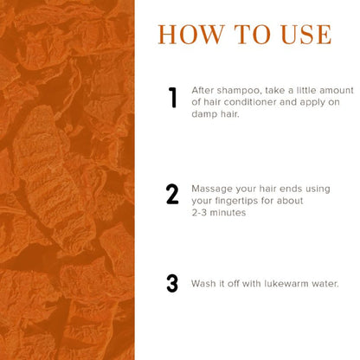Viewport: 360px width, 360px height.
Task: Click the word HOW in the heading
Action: tap(191, 35)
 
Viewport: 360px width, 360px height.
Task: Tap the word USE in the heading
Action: tap(306, 35)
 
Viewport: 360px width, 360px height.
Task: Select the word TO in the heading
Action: tap(253, 35)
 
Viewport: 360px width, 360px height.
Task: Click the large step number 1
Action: tap(172, 98)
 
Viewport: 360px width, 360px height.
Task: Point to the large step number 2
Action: tap(172, 194)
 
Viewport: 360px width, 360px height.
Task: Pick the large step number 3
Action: tap(172, 283)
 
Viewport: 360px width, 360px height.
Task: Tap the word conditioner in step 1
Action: tap(250, 102)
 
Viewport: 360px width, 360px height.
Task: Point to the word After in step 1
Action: tap(202, 90)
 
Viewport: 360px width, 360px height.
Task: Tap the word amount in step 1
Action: tap(337, 91)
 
